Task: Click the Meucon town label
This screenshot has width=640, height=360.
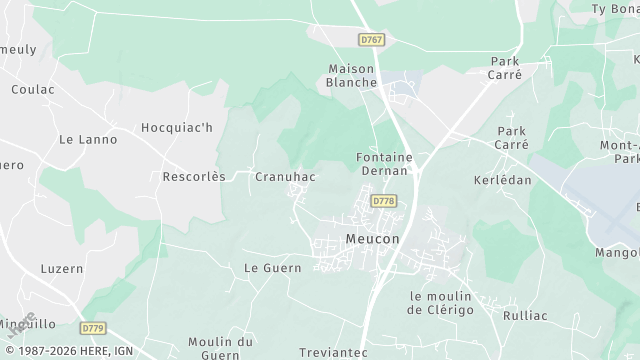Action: pyautogui.click(x=372, y=240)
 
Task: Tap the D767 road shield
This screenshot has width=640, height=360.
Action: pyautogui.click(x=371, y=40)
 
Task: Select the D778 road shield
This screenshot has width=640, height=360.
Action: pyautogui.click(x=383, y=201)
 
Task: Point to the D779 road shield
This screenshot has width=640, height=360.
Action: pyautogui.click(x=93, y=328)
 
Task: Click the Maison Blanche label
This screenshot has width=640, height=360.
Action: pyautogui.click(x=351, y=76)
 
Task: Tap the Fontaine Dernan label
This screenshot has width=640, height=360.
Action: pyautogui.click(x=382, y=164)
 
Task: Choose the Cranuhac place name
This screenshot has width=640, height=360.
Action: pyautogui.click(x=285, y=177)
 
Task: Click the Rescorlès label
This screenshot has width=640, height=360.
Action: pyautogui.click(x=194, y=177)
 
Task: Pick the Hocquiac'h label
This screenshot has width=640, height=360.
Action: pyautogui.click(x=177, y=128)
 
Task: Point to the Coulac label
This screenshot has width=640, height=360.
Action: pyautogui.click(x=32, y=89)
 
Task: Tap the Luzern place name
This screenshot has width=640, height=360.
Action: pyautogui.click(x=62, y=269)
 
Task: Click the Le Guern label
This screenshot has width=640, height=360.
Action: pyautogui.click(x=266, y=268)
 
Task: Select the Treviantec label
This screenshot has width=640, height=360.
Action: pyautogui.click(x=334, y=352)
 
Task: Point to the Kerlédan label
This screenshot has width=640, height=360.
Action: pyautogui.click(x=502, y=180)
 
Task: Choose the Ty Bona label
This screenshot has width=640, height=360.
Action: pyautogui.click(x=615, y=9)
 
